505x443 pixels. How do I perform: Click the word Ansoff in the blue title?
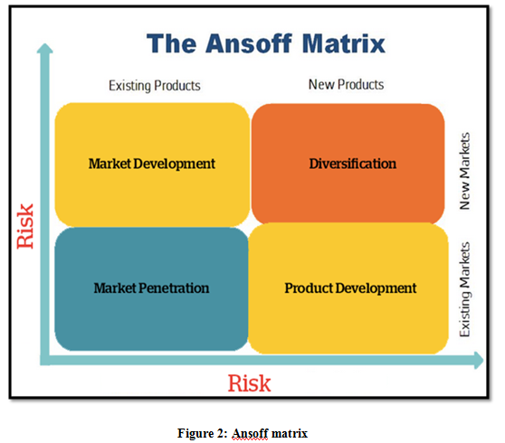pos(249,43)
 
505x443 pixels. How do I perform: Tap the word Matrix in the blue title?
pos(344,43)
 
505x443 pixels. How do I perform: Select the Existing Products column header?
pos(155,86)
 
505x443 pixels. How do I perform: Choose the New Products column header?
pos(347,85)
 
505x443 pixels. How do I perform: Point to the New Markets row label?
pos(465,171)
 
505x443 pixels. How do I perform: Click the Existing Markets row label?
pos(465,289)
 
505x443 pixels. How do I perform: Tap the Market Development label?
pos(152,164)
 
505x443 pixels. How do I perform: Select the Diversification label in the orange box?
pos(353,164)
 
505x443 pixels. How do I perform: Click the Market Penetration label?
pos(151,287)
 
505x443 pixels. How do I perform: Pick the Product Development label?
pos(350,288)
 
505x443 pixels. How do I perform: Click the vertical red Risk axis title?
pos(25,226)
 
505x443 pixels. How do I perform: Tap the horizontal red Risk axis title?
pos(249,383)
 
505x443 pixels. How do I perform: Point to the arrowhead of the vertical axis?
pos(44,48)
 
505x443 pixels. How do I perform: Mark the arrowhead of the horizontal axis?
pos(479,360)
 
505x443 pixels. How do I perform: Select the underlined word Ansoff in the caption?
pos(250,433)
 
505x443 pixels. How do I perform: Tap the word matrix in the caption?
pos(290,433)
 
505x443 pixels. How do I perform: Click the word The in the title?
pos(171,43)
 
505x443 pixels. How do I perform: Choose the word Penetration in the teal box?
pos(174,287)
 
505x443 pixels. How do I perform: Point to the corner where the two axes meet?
pos(44,360)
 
